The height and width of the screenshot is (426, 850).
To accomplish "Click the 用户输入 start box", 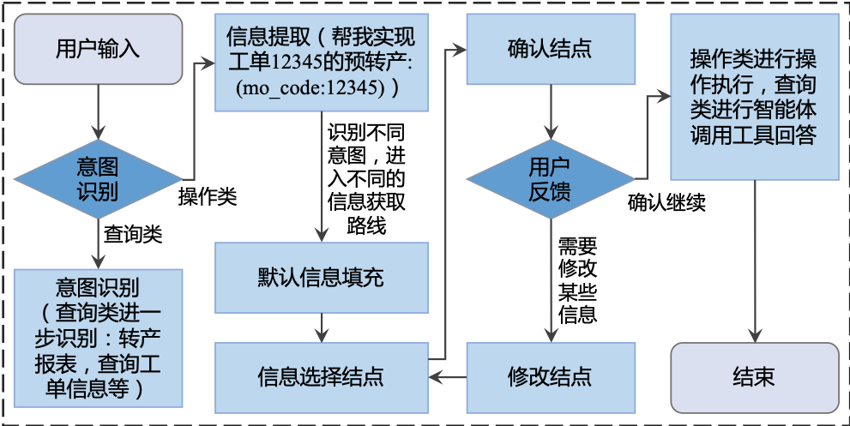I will (98, 49).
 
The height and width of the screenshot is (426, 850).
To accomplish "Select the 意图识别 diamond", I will (98, 179).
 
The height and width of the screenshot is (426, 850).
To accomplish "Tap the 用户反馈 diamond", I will (550, 179).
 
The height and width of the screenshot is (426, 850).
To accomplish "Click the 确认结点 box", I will (550, 49).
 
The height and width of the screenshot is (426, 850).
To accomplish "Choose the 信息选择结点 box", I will (321, 375).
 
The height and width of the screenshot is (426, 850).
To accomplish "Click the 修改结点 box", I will (550, 375).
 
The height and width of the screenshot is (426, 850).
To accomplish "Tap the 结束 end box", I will (754, 375).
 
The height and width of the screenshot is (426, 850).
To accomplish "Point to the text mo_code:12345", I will (309, 88).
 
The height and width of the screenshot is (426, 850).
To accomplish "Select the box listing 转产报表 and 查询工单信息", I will (98, 338).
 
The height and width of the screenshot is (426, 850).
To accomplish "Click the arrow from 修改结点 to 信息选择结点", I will (447, 375).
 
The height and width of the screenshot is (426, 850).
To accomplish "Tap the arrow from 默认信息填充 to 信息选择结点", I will (321, 327).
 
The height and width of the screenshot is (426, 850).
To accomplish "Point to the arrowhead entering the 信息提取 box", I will (208, 62).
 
